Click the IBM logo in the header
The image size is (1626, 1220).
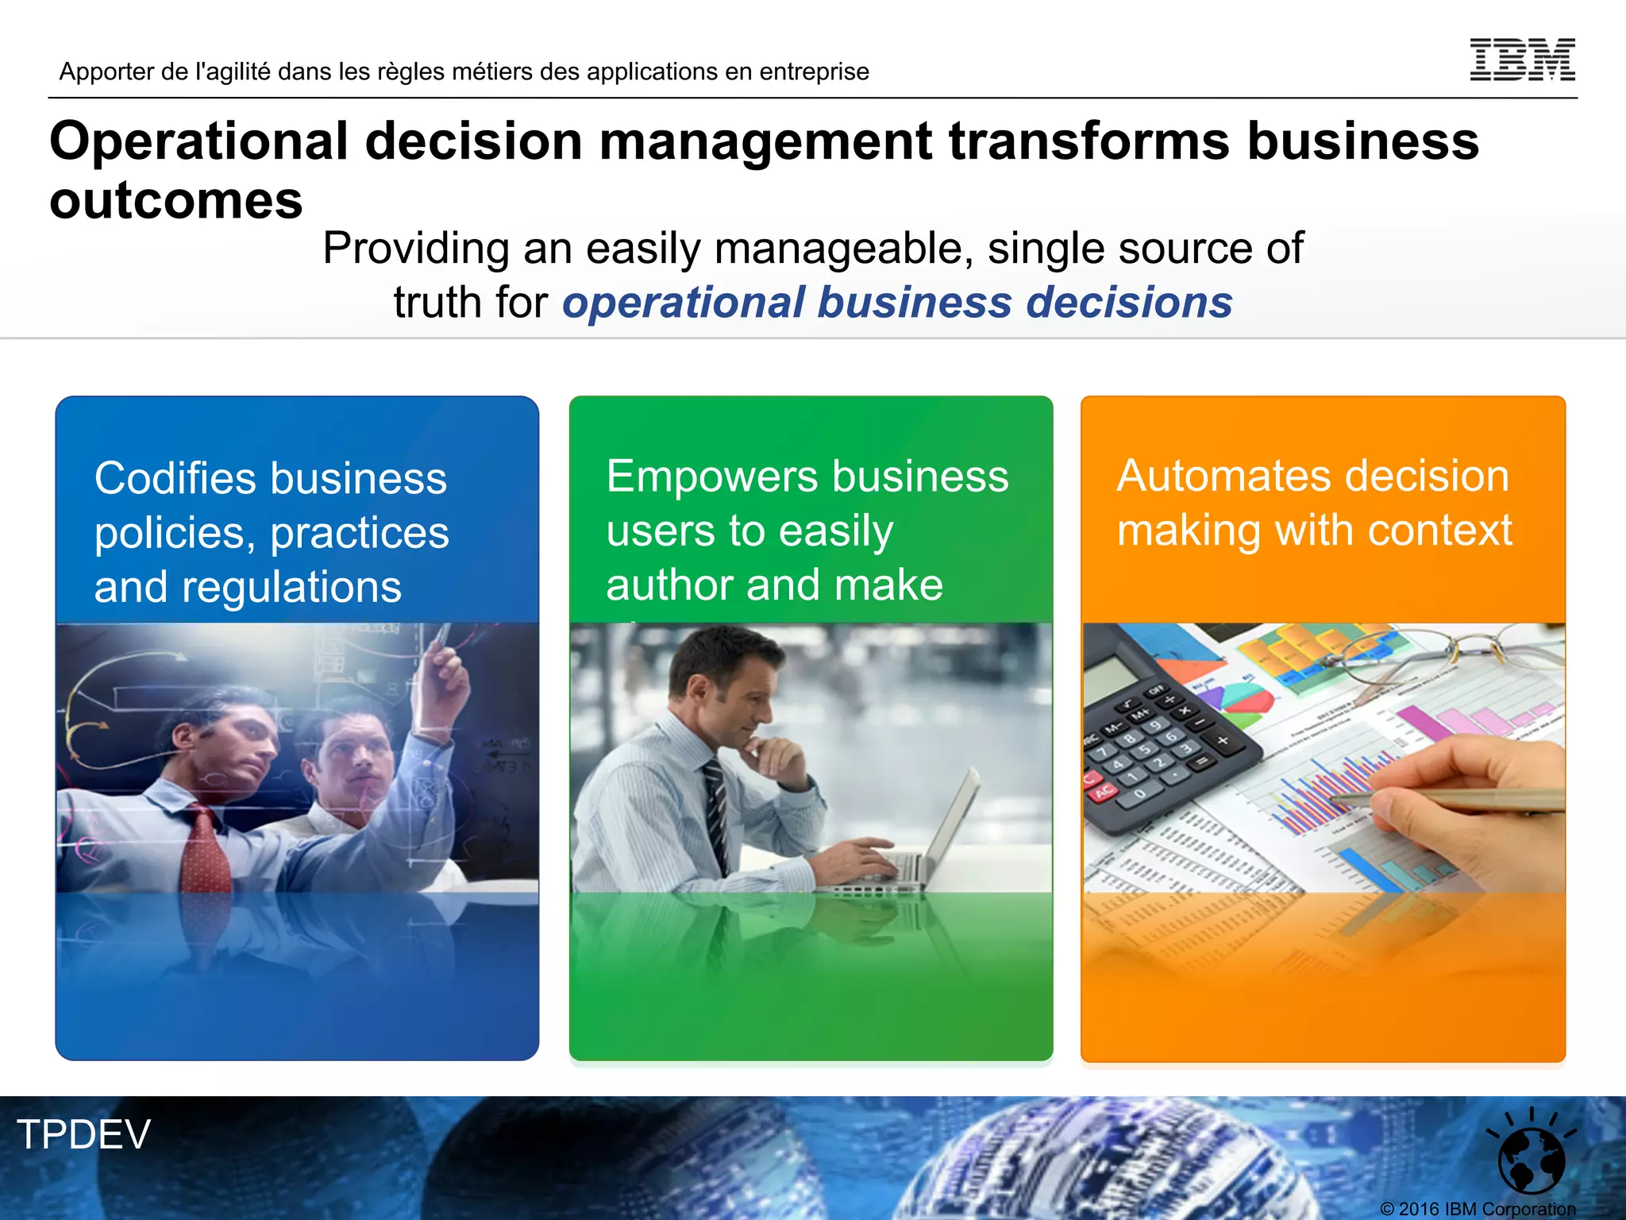(x=1522, y=60)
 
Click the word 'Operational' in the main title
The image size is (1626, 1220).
(x=198, y=141)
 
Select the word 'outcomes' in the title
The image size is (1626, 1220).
(x=176, y=201)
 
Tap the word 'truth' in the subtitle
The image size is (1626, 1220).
(x=437, y=303)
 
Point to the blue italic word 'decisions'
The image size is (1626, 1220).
(x=1128, y=303)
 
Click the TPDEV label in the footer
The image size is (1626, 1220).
(x=83, y=1134)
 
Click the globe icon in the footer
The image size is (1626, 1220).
(x=1531, y=1157)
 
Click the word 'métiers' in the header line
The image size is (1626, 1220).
(x=491, y=71)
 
